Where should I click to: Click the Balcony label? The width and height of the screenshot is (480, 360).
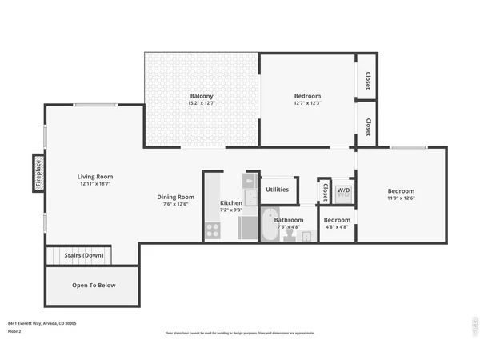point(201,96)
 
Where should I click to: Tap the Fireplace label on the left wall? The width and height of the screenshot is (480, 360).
point(37,173)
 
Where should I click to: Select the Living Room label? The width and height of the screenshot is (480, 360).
point(95,177)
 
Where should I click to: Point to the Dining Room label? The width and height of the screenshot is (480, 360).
point(175,197)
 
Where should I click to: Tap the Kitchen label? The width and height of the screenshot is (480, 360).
point(231,203)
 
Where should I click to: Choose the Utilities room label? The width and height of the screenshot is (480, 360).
point(277,190)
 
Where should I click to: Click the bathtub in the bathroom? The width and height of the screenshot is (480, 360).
point(269,226)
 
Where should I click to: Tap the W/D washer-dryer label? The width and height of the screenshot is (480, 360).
point(343,191)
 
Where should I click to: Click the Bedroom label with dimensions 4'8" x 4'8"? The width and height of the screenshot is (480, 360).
point(337,220)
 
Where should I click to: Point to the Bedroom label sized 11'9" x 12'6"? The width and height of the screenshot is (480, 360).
point(401,191)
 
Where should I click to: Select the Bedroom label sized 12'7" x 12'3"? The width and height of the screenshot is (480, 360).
point(307,96)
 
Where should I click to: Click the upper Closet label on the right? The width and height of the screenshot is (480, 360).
point(368,80)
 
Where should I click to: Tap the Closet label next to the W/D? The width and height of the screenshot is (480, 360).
point(325,192)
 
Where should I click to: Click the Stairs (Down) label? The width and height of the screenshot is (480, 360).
point(84,255)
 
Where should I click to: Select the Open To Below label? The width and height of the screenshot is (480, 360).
point(94,285)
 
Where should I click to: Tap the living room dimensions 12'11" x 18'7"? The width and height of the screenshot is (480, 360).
point(95,185)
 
